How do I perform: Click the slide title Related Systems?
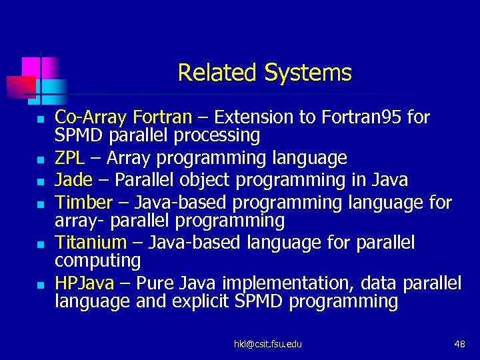265,72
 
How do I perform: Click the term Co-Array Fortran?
123,118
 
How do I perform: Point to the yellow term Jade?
73,180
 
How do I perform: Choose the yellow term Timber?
83,202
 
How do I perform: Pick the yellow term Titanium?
90,242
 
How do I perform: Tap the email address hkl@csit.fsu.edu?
267,343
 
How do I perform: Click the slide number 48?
459,343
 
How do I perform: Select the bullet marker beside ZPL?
39,160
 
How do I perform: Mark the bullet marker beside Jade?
39,181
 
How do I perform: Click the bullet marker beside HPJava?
39,285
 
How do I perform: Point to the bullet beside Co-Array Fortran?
39,119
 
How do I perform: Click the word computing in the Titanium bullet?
97,260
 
